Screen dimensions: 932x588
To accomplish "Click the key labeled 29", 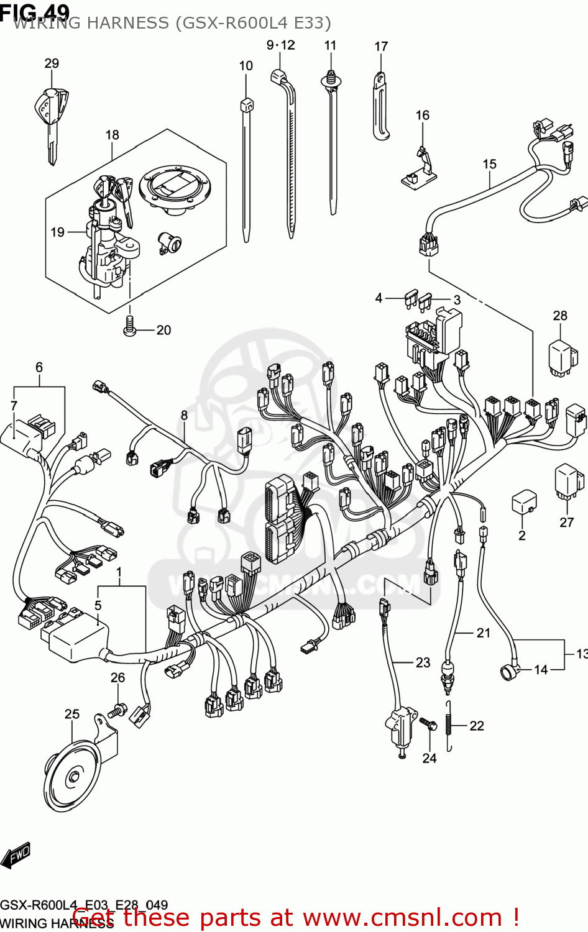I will click(x=51, y=118).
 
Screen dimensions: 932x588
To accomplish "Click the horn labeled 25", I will click(x=75, y=777).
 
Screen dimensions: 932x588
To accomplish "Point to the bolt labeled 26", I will click(x=117, y=708).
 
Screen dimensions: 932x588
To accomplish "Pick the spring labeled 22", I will click(x=449, y=726).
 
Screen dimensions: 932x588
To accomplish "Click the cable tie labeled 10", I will click(x=246, y=168).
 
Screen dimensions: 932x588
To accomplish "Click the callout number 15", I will click(x=489, y=164).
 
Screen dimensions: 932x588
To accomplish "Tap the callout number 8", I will click(x=184, y=415).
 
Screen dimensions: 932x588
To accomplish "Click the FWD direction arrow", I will click(x=16, y=856).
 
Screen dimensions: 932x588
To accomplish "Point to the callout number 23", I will click(x=423, y=663).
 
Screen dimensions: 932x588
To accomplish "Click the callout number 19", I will click(x=57, y=232).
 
